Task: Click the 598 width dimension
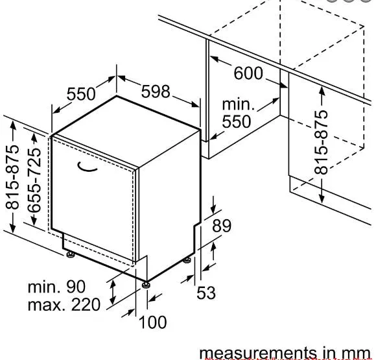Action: (156, 91)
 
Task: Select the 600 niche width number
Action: (248, 73)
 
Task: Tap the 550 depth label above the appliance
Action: (81, 94)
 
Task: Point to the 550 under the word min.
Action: (237, 121)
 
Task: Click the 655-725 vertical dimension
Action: (34, 180)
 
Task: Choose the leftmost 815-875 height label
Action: (12, 177)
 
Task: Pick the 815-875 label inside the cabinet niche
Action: (321, 142)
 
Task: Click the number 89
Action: (222, 226)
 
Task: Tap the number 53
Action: (206, 293)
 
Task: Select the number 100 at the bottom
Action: (152, 322)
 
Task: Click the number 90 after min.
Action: (76, 287)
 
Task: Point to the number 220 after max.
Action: (86, 305)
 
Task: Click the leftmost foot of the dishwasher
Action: (71, 254)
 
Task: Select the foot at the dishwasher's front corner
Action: (146, 285)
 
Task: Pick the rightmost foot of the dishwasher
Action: (187, 260)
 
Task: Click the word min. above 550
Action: (238, 104)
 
